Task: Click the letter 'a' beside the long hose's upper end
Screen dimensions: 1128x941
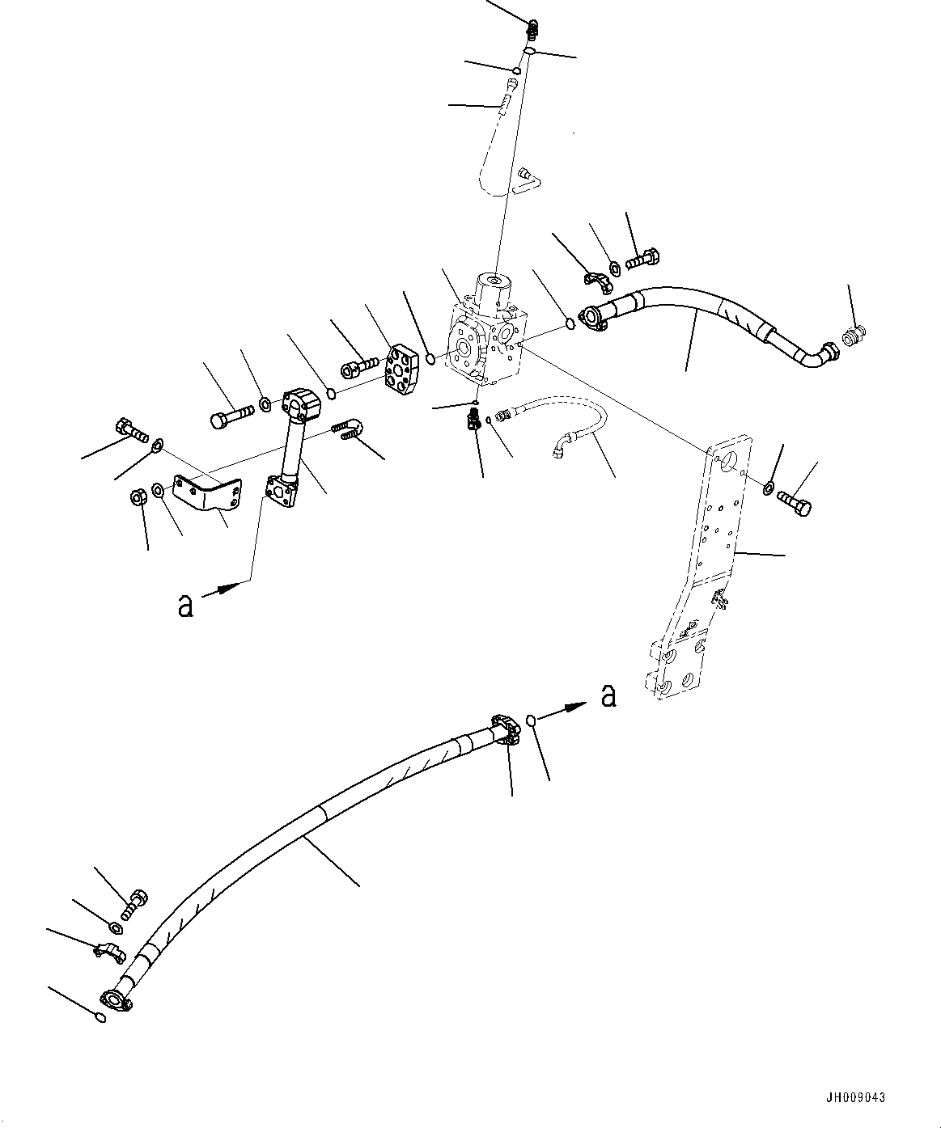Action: point(608,695)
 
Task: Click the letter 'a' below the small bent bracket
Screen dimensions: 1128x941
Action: point(185,606)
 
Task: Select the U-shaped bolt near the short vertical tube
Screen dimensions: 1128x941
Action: point(349,428)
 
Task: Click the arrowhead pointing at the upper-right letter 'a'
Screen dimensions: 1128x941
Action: point(576,707)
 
